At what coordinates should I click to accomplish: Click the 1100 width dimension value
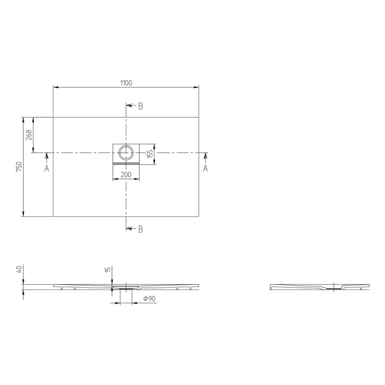126,83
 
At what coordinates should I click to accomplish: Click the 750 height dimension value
19,167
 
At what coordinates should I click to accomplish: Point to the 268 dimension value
29,135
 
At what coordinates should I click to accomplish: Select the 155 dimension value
150,154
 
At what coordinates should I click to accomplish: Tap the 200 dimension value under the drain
126,174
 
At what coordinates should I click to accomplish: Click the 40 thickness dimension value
19,269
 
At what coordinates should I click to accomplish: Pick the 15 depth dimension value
108,269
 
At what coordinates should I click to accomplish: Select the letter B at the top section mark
140,106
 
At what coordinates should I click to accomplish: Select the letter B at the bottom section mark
140,229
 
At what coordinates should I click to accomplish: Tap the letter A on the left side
47,168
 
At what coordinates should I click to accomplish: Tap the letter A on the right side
205,168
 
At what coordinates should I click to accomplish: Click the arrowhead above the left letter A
47,156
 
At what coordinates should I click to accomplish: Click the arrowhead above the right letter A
205,156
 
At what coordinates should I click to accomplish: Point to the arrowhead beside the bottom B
129,228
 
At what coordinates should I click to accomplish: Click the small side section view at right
320,287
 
